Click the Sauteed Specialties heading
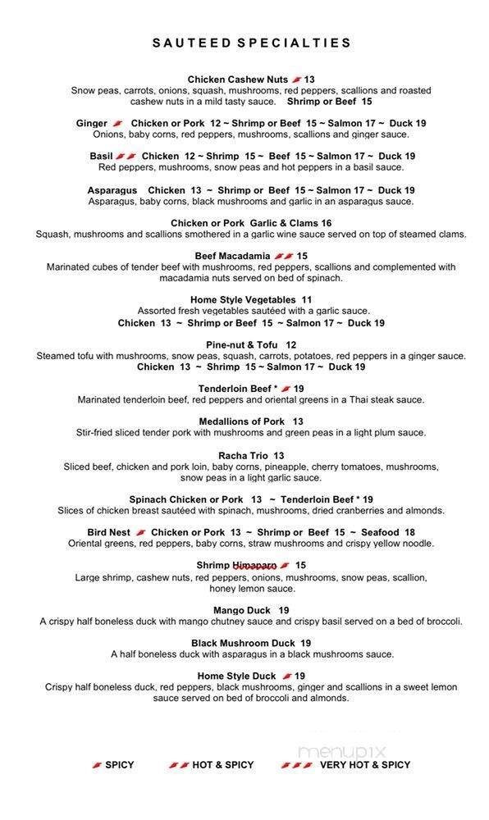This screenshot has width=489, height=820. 251,43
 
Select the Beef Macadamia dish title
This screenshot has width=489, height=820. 232,256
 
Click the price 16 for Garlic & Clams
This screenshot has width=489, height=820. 326,223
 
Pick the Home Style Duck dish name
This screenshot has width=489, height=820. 236,676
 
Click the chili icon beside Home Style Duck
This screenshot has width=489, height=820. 287,676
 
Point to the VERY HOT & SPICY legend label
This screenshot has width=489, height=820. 364,765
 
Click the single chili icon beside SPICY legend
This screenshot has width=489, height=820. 97,765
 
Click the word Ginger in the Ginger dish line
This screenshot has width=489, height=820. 92,124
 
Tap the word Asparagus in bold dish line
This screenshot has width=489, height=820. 112,190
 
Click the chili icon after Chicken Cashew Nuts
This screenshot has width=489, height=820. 297,80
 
